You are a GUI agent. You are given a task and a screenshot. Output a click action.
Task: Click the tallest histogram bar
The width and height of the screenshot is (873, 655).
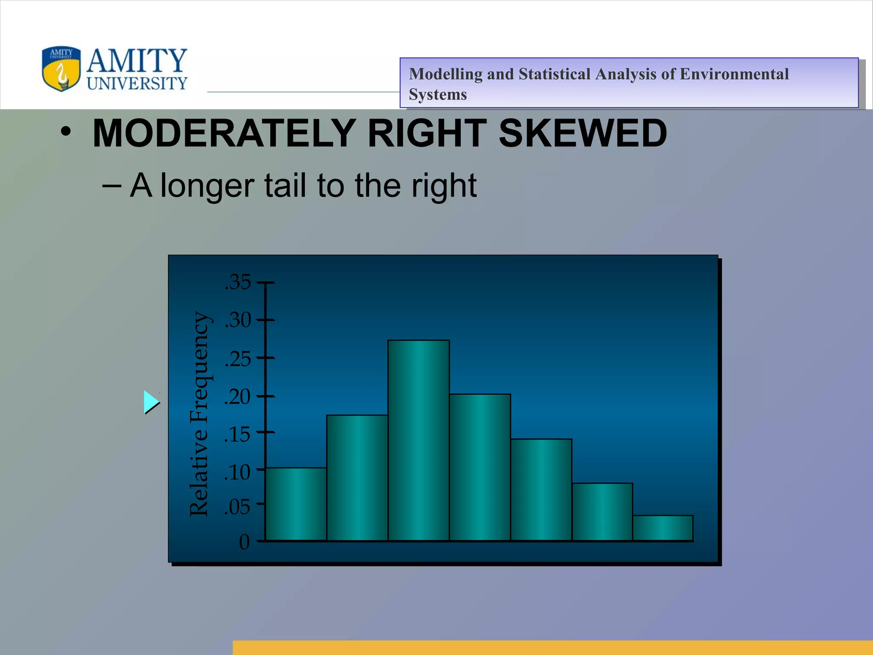[x=418, y=440]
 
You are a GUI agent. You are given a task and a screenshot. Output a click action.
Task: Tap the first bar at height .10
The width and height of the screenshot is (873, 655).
[x=296, y=504]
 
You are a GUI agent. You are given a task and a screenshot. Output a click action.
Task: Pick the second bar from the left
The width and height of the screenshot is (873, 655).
[x=357, y=478]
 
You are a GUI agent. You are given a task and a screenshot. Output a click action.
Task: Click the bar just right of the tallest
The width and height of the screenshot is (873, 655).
[x=480, y=467]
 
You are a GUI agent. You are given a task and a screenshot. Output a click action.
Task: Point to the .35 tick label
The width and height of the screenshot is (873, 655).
[x=238, y=282]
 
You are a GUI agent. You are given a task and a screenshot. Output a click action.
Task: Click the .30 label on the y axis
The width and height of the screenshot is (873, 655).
[x=238, y=320]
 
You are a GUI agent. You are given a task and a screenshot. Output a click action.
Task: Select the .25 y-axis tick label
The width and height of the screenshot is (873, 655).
[x=238, y=359]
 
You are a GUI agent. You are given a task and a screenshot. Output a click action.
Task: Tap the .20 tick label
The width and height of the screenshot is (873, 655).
[x=238, y=397]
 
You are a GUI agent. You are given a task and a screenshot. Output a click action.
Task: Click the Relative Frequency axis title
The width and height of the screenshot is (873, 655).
[x=199, y=414]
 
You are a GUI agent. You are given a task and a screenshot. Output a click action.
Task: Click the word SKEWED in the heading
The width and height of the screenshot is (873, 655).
[x=582, y=133]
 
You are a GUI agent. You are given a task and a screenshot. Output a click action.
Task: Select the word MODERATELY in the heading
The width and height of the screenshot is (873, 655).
[x=224, y=133]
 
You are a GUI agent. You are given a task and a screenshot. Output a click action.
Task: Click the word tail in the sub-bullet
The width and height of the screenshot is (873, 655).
[x=285, y=186]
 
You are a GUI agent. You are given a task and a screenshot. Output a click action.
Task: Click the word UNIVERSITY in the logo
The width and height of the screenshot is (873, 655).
[x=137, y=84]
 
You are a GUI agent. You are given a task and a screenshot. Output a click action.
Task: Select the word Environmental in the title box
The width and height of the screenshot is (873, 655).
[x=734, y=74]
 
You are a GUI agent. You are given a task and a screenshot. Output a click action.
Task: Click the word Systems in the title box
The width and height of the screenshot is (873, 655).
[x=438, y=95]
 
